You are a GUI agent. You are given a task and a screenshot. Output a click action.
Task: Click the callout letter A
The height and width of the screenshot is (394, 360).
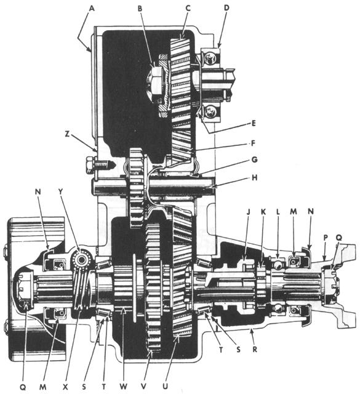click(x=93, y=9)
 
